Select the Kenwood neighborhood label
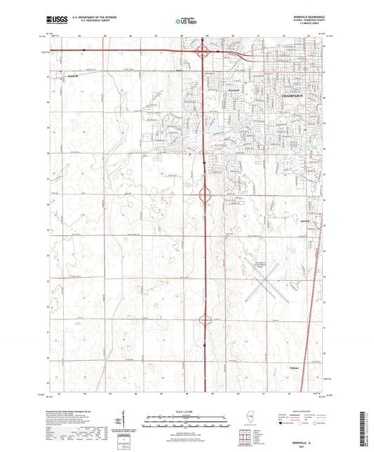[x=234, y=91]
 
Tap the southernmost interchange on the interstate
[x=205, y=319]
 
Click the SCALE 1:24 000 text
[x=187, y=411]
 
